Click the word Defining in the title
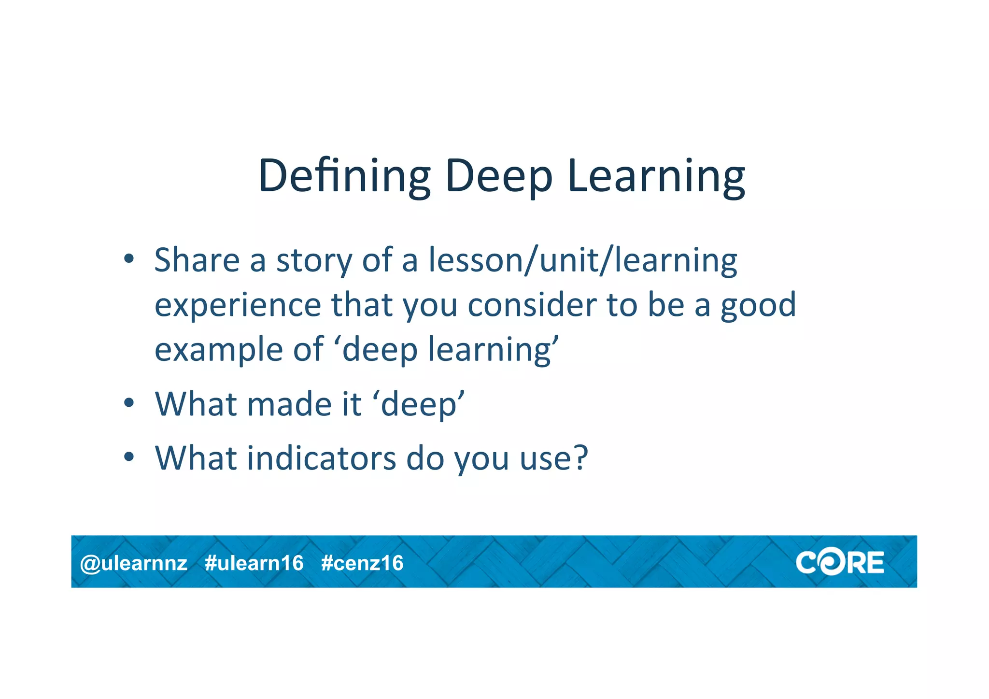click(344, 176)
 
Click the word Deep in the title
click(498, 176)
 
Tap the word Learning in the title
click(656, 176)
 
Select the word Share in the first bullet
click(197, 260)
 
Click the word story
click(314, 261)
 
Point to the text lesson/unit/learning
click(583, 261)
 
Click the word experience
click(238, 306)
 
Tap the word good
click(758, 306)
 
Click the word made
click(289, 404)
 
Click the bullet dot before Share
click(128, 259)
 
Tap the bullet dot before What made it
click(128, 402)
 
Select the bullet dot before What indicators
click(128, 456)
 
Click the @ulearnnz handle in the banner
click(134, 563)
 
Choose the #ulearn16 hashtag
click(254, 563)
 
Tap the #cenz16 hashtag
click(362, 563)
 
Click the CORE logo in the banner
click(840, 563)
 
